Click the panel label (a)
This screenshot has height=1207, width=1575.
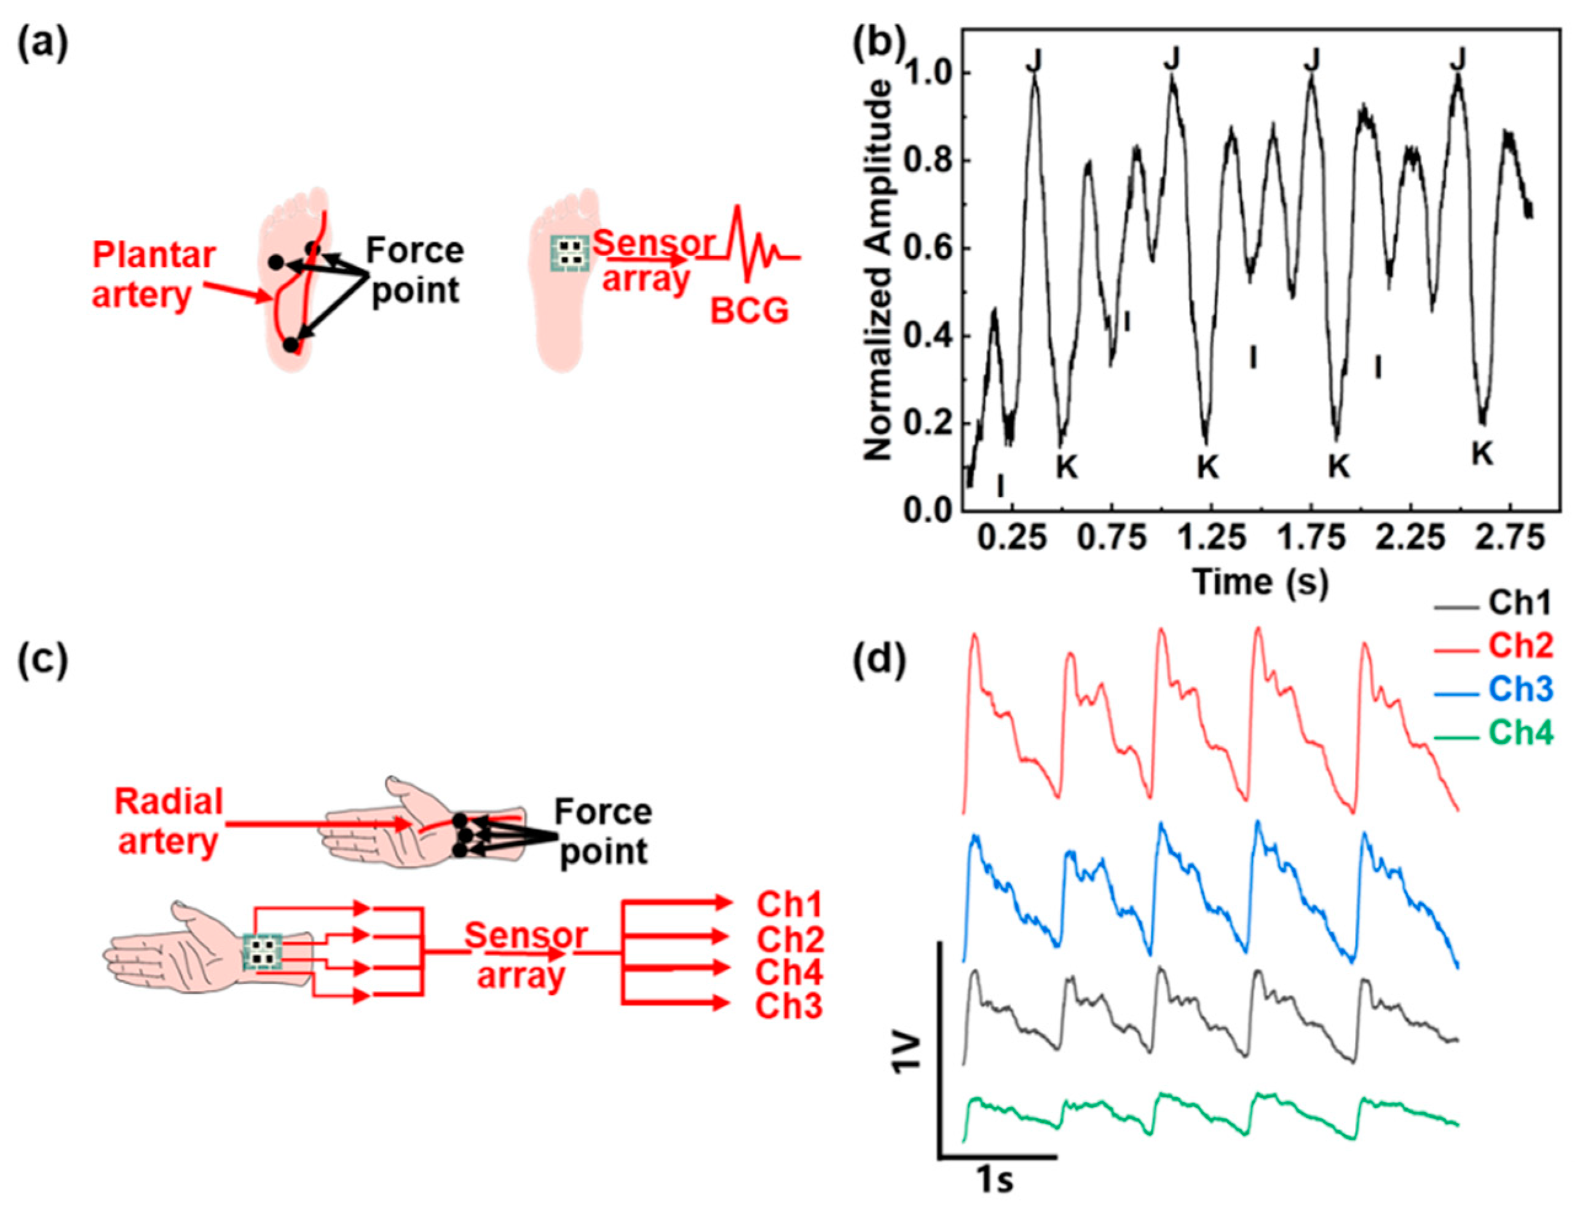(x=42, y=48)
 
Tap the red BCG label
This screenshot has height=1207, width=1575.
(x=749, y=311)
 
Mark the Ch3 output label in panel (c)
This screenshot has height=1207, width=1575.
(x=788, y=1006)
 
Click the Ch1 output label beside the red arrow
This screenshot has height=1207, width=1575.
(x=788, y=905)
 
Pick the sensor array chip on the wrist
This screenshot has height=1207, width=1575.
(x=262, y=952)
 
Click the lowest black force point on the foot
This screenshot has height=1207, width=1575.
(x=290, y=345)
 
